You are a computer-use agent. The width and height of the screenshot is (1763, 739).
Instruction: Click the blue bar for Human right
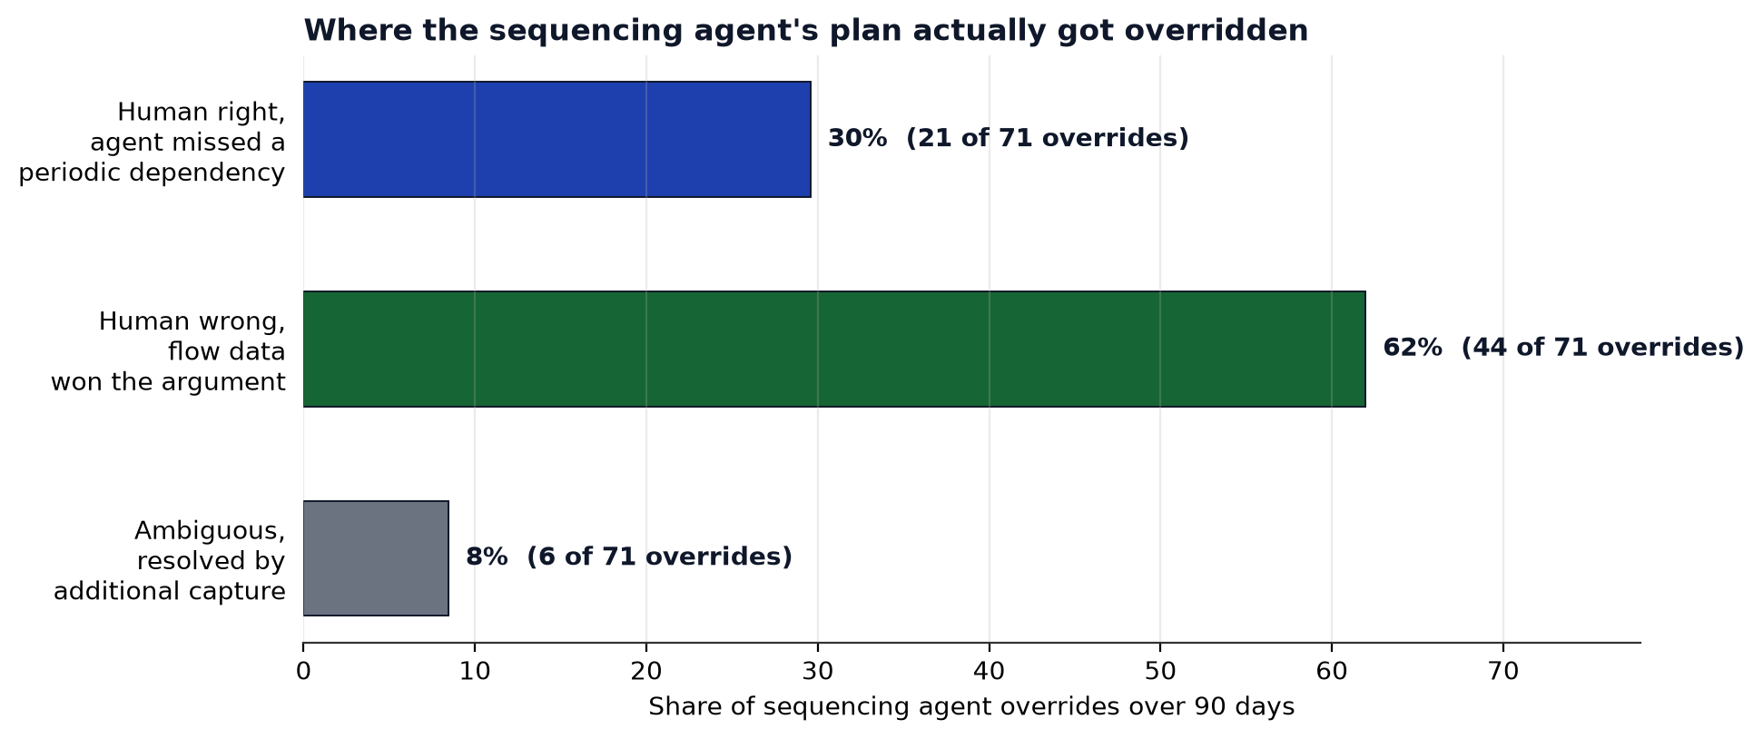point(556,139)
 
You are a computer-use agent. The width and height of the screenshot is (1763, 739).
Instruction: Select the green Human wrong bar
point(834,349)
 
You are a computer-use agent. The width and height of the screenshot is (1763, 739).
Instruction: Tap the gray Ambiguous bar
point(376,558)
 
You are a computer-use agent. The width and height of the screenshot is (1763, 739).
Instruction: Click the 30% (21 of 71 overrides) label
point(1008,139)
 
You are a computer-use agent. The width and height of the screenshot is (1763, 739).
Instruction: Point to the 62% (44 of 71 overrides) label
point(1563,348)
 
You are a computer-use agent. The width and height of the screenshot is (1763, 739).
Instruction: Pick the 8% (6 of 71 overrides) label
point(628,557)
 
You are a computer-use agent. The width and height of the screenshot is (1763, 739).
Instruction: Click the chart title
point(805,31)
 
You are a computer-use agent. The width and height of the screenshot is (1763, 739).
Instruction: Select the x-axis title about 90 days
point(971,707)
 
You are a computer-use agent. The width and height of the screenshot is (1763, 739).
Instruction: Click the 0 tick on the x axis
point(303,672)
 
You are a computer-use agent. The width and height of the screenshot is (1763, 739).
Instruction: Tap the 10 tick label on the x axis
point(475,672)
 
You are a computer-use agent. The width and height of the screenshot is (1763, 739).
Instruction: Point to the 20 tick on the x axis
point(646,672)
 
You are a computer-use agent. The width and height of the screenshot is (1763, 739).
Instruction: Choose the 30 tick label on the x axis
point(818,672)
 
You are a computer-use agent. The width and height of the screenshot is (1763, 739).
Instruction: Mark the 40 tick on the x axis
point(990,672)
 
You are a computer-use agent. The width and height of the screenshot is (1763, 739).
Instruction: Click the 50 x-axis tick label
point(1160,672)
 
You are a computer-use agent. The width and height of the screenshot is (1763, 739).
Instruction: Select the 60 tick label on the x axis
point(1332,672)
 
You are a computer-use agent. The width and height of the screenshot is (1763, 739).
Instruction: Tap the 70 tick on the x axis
point(1503,672)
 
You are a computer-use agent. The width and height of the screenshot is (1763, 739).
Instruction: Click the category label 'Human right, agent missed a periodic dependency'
point(153,143)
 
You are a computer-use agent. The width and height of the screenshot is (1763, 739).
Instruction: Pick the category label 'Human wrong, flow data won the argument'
point(169,352)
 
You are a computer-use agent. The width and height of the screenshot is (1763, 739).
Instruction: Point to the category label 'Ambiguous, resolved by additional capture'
point(170,561)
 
